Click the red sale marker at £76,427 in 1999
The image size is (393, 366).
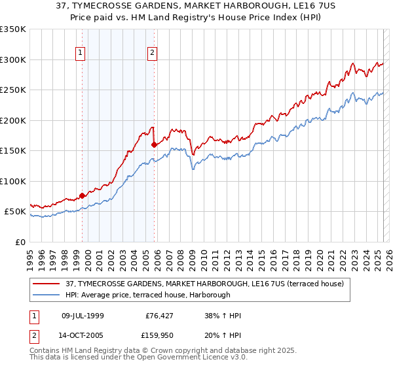pos(82,195)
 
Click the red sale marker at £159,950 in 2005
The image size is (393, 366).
pos(154,144)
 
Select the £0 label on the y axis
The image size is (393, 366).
pos(20,242)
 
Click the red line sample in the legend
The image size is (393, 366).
pos(47,283)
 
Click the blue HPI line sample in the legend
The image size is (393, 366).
pos(47,295)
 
